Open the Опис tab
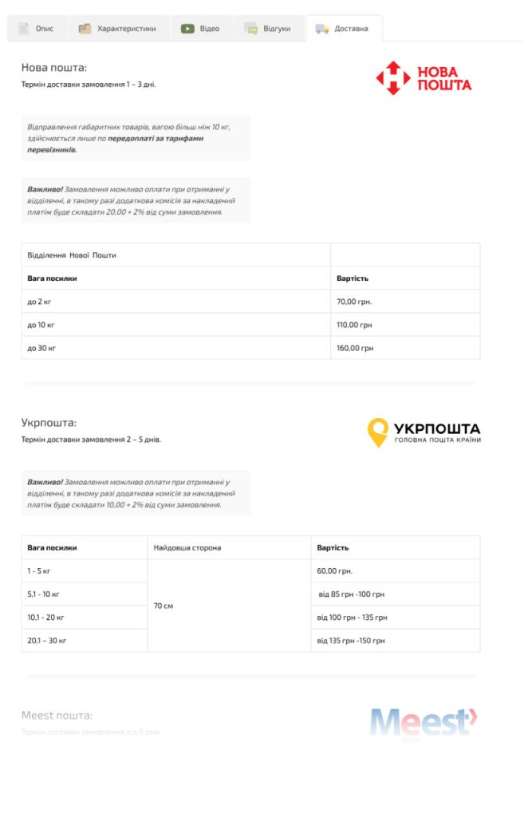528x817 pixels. tap(37, 29)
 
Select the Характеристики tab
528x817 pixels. tap(118, 29)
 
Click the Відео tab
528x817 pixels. tap(201, 29)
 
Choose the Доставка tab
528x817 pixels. tap(343, 29)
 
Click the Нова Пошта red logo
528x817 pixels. tap(424, 78)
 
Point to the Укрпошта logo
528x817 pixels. tap(424, 432)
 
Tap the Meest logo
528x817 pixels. tap(424, 721)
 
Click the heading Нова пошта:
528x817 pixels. tap(54, 68)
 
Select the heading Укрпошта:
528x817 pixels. tap(49, 423)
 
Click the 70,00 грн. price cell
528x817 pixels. tap(354, 302)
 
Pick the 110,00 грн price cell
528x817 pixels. tap(354, 325)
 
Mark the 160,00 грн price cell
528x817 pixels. tap(354, 348)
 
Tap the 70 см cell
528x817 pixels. tap(164, 606)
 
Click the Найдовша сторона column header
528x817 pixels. tap(187, 548)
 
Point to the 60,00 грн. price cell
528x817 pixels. tap(335, 571)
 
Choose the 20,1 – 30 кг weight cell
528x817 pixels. tap(47, 641)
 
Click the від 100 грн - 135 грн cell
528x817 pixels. tap(353, 618)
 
